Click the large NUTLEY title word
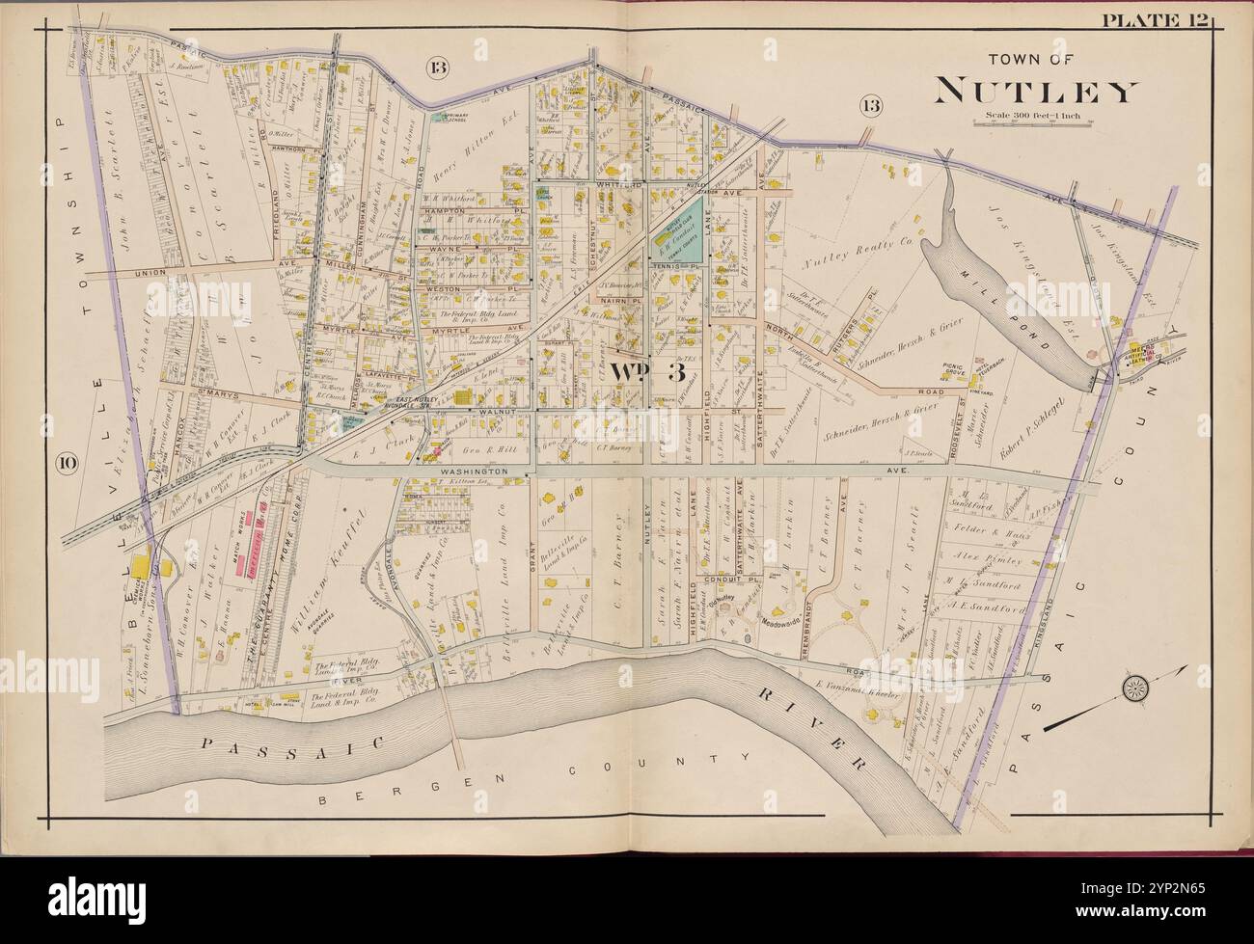pos(1035,91)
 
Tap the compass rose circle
pos(1133,688)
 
